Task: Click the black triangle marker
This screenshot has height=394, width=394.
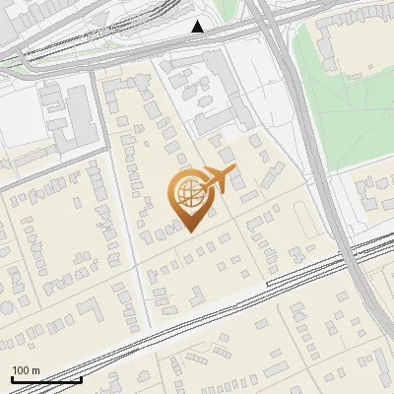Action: [197, 27]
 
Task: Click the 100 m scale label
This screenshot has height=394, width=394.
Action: [26, 369]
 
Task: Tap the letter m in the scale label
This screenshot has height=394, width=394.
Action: [35, 369]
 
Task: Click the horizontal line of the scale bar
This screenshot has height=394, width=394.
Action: [45, 379]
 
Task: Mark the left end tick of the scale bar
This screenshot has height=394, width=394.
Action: [11, 377]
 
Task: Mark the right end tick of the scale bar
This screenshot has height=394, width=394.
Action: [80, 377]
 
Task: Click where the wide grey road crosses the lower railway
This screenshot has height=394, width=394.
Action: [347, 249]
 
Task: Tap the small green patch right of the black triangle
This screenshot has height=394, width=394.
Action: [229, 10]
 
